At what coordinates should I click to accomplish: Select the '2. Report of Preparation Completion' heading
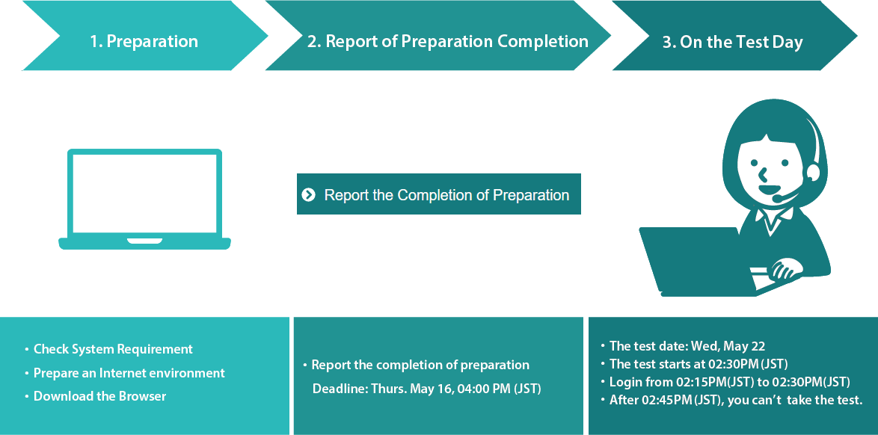(x=447, y=41)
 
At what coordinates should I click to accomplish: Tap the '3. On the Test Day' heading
(x=732, y=42)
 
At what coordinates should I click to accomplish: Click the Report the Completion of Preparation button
(x=438, y=194)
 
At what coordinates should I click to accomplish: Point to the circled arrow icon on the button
(x=309, y=194)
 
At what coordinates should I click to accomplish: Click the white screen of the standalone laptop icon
(x=144, y=193)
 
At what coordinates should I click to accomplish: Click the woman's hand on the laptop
(x=788, y=268)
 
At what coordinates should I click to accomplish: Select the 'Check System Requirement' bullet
(x=113, y=349)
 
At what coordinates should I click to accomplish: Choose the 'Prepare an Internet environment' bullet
(x=129, y=373)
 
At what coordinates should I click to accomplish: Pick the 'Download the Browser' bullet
(x=99, y=396)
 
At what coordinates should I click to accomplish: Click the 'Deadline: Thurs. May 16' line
(x=427, y=389)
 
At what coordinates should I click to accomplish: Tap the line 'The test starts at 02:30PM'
(x=699, y=364)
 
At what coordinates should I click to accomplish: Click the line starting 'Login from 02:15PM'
(x=730, y=382)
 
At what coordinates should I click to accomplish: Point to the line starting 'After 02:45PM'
(x=736, y=400)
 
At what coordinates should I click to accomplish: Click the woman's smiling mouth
(x=768, y=188)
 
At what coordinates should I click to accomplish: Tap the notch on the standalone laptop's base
(x=144, y=241)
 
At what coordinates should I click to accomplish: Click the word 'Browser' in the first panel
(x=142, y=396)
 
